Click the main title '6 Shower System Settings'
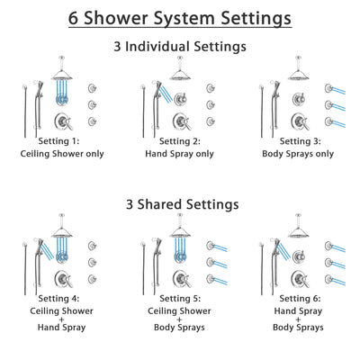click(180, 17)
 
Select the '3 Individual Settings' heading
click(180, 46)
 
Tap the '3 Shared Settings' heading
click(180, 204)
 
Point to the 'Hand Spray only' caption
click(180, 153)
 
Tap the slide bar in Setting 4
click(20, 265)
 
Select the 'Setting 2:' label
click(180, 141)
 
